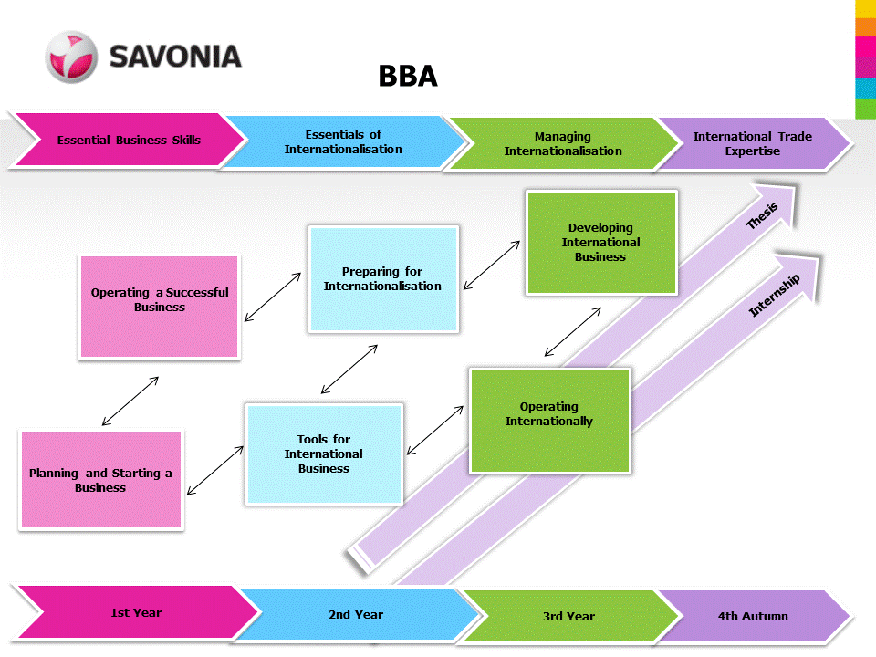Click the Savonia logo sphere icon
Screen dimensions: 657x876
70,57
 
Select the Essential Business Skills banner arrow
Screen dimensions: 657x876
128,140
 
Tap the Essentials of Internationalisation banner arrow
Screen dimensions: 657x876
343,142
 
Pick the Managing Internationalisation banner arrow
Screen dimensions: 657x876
563,144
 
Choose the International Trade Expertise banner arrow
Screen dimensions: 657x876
752,144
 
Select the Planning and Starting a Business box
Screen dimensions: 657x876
100,480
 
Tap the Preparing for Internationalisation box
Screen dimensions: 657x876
382,279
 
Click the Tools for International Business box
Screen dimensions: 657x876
324,454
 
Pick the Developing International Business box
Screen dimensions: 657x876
601,243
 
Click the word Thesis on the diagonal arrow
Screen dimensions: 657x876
762,216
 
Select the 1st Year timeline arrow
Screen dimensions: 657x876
135,613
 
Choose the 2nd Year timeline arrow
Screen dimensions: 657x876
356,615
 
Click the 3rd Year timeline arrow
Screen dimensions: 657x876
568,617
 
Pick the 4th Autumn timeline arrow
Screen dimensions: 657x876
753,617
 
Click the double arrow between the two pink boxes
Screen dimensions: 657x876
130,401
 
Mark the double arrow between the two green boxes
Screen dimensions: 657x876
573,332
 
